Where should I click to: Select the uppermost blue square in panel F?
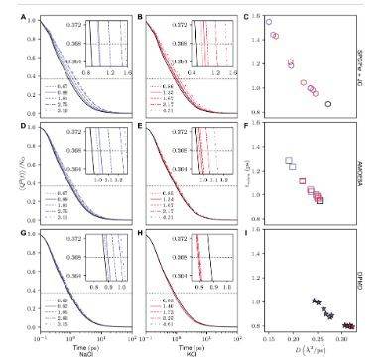pos(289,161)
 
